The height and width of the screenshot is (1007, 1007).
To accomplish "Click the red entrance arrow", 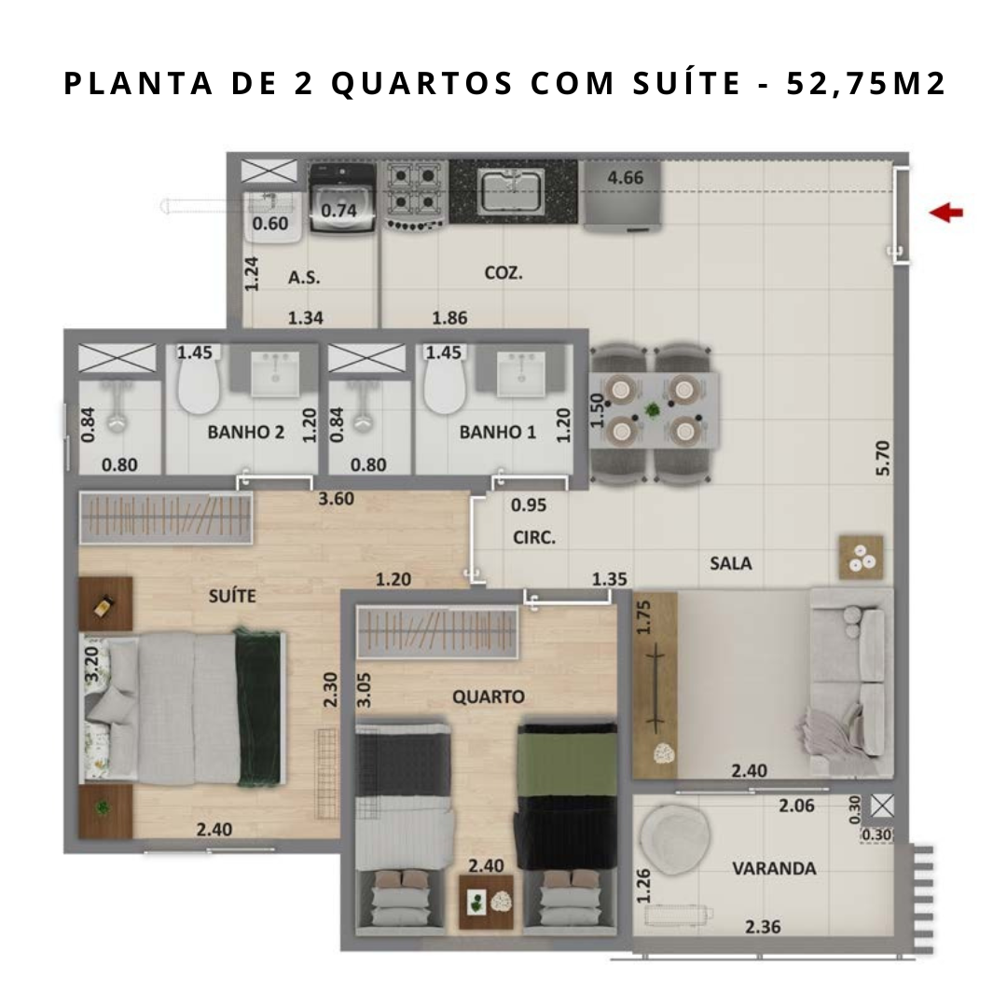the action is click(946, 213).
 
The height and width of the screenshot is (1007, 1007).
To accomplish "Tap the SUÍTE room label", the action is click(232, 595).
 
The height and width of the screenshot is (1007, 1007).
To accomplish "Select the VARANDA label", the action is click(774, 868).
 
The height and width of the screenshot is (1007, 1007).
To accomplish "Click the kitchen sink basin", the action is click(511, 190).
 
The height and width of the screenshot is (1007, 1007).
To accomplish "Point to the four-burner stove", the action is click(414, 195).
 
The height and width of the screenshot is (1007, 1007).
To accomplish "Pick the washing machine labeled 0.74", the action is click(341, 198).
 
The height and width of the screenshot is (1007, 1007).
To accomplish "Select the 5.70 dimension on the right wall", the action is click(883, 457).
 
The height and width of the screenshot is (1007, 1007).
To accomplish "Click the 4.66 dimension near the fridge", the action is click(625, 177).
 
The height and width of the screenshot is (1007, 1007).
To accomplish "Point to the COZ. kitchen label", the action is click(504, 273).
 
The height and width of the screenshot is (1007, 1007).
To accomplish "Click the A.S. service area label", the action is click(304, 278).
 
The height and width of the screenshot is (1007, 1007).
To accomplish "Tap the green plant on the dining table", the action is click(653, 409).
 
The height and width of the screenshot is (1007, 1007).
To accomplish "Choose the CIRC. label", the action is click(534, 537).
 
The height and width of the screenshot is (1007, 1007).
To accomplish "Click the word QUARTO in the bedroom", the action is click(488, 697).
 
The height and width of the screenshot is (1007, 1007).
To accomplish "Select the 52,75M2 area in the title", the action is click(866, 84).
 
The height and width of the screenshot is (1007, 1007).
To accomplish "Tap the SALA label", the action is click(731, 563).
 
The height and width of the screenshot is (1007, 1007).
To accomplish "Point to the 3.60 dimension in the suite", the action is click(336, 498).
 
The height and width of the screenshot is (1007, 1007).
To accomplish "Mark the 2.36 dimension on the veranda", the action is click(763, 927).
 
